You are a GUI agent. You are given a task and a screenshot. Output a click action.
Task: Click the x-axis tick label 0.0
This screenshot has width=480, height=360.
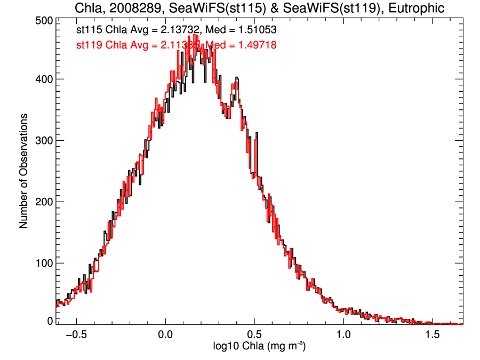(165, 335)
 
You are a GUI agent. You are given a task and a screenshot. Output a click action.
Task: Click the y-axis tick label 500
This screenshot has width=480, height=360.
(43, 20)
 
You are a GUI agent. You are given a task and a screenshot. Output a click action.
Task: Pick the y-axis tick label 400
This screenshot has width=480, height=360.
(43, 79)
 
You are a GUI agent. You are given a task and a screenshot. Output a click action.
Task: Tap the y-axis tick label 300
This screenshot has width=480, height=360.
(43, 141)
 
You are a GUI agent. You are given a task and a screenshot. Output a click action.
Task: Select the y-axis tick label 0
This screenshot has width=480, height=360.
(50, 321)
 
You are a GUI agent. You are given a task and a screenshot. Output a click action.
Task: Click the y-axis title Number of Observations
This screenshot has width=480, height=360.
(23, 171)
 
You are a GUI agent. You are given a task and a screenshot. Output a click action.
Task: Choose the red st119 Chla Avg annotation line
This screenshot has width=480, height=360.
(176, 45)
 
